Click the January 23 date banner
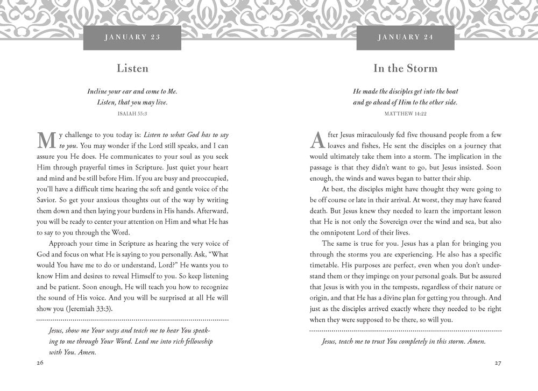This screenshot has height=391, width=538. click(132, 38)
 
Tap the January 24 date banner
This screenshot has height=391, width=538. click(406, 38)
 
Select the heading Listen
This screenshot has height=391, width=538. click(132, 68)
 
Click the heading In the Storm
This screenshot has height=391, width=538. click(406, 68)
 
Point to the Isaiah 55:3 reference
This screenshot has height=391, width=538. click(132, 114)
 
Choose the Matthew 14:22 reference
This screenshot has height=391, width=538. click(406, 114)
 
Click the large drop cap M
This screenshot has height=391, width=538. click(46, 140)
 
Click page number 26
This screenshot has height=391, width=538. click(41, 363)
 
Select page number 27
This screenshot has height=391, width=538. click(497, 363)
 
